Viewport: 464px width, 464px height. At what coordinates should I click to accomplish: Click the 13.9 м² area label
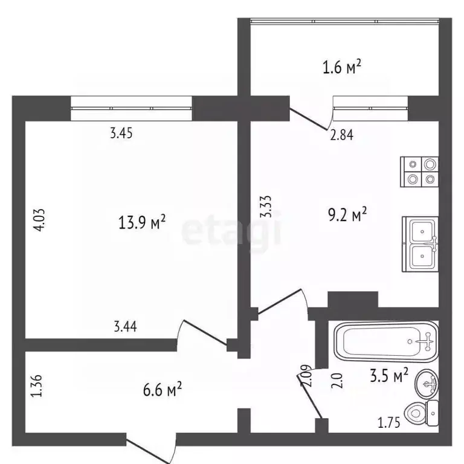[x=143, y=224]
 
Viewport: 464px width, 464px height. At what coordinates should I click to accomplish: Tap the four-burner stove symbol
[x=420, y=171]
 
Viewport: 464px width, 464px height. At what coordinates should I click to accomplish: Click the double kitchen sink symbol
[x=419, y=243]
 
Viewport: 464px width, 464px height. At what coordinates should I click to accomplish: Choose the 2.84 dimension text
[x=341, y=135]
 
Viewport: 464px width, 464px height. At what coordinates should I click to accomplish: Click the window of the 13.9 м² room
[x=131, y=108]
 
